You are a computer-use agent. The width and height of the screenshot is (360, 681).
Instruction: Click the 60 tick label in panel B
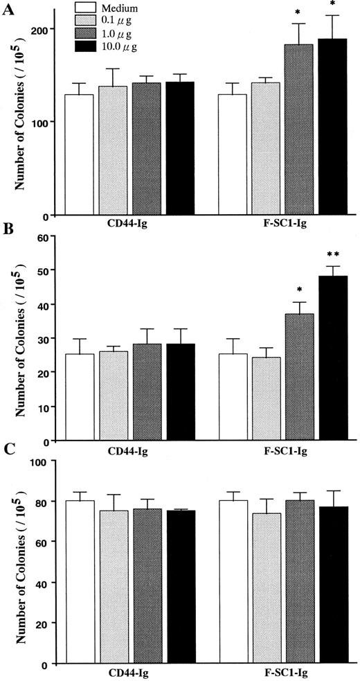(x=50, y=237)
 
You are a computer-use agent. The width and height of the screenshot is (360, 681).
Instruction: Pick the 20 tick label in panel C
(x=50, y=623)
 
